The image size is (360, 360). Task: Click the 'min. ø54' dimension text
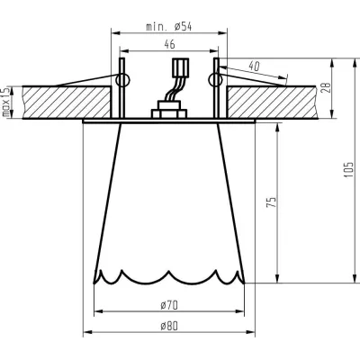(168, 28)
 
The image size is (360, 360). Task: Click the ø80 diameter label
(168, 327)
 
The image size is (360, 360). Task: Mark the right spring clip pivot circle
(214, 81)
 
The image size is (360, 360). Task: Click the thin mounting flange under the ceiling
(168, 119)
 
